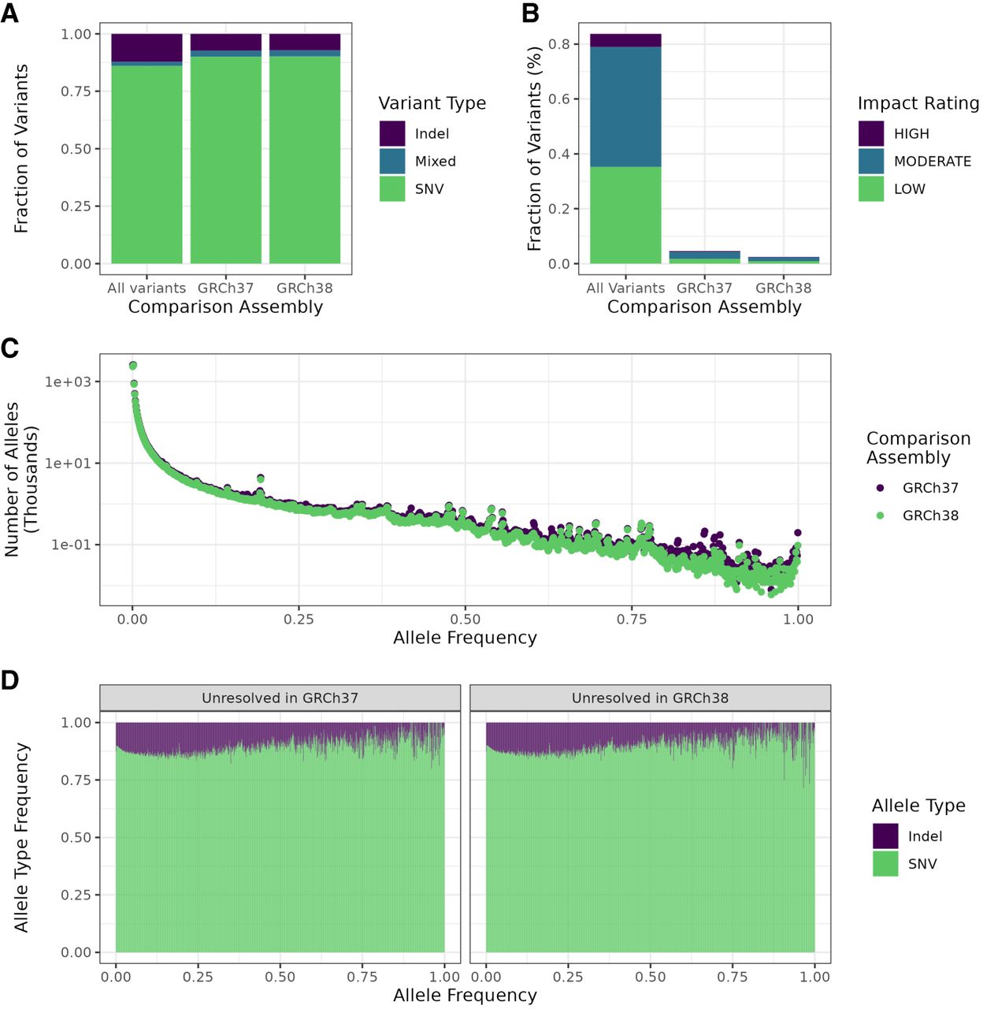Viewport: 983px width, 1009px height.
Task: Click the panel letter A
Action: point(9,13)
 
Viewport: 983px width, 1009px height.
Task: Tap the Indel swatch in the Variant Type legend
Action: point(392,133)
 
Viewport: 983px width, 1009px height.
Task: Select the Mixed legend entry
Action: point(435,162)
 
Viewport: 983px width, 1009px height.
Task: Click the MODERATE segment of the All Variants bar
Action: point(625,106)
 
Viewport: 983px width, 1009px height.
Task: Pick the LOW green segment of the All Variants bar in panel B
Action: point(625,215)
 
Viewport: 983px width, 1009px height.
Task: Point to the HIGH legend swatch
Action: point(871,133)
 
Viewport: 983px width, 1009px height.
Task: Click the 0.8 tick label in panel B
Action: point(559,44)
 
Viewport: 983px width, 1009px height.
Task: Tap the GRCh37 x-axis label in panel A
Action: point(225,289)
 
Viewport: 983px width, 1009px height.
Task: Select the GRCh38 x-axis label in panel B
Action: point(783,289)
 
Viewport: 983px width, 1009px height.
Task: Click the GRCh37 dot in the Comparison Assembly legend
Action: point(880,488)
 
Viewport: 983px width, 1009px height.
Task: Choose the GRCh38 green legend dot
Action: point(880,516)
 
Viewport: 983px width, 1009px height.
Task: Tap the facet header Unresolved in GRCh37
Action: point(280,698)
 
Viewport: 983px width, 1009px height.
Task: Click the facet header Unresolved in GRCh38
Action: point(650,698)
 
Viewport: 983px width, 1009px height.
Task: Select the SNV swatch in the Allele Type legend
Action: point(885,864)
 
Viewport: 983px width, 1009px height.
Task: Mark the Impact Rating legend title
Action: point(918,103)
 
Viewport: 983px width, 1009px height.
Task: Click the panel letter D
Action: point(9,680)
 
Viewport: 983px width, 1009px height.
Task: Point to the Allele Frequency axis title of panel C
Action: point(465,638)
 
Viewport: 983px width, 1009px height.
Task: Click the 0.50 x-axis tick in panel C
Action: point(465,620)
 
